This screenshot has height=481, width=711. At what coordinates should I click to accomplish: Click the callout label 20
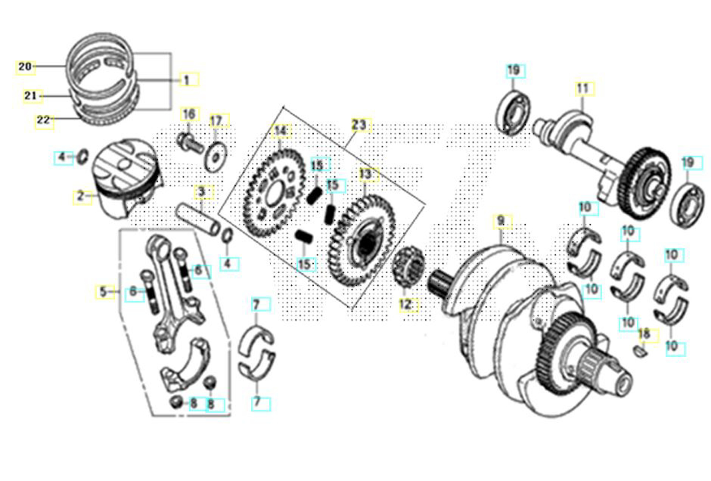click(25, 67)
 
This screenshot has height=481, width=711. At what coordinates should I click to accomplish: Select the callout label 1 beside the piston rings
click(189, 80)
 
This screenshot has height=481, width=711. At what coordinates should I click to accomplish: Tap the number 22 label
click(44, 121)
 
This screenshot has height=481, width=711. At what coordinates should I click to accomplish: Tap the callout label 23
click(360, 125)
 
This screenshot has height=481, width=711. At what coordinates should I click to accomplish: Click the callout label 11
click(584, 88)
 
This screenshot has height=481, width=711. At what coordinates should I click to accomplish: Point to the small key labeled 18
click(641, 351)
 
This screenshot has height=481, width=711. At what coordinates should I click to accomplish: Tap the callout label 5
click(104, 292)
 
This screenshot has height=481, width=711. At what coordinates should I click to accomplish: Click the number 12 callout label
click(408, 304)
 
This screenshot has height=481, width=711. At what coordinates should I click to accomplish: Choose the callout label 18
click(647, 335)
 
